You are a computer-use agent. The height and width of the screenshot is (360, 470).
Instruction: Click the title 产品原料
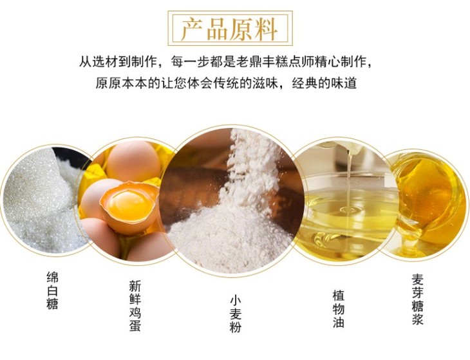click(x=230, y=29)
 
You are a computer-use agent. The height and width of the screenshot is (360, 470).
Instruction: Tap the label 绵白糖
click(x=52, y=290)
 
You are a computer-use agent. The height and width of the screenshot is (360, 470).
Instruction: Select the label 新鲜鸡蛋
click(x=135, y=305)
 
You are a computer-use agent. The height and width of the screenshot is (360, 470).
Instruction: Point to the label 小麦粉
click(x=236, y=314)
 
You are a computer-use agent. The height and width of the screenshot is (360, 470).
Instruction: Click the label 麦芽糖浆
click(x=417, y=299)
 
